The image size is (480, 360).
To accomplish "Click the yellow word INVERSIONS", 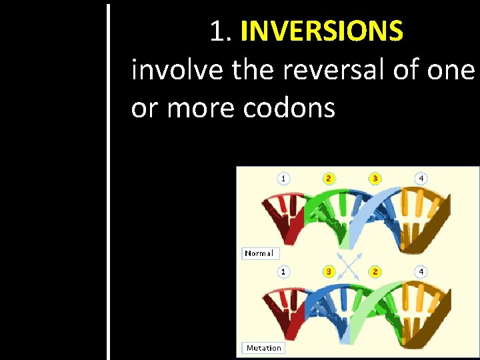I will pyautogui.click(x=322, y=31).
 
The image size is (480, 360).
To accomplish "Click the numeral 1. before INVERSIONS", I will pyautogui.click(x=221, y=31).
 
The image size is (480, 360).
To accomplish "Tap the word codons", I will pyautogui.click(x=289, y=108).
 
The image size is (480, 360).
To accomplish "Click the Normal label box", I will pyautogui.click(x=259, y=253).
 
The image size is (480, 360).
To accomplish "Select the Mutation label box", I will pyautogui.click(x=263, y=348).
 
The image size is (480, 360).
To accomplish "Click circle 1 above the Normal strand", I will pyautogui.click(x=284, y=179).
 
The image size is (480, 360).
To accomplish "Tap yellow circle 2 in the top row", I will pyautogui.click(x=329, y=179).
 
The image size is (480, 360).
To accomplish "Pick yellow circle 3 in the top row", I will pyautogui.click(x=375, y=179).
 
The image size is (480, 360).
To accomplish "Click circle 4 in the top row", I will pyautogui.click(x=421, y=179).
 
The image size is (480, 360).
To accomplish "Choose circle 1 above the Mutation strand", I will pyautogui.click(x=284, y=272).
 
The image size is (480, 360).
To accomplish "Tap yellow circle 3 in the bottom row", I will pyautogui.click(x=329, y=272).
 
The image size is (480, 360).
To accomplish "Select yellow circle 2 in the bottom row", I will pyautogui.click(x=375, y=272).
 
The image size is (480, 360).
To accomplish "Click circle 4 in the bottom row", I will pyautogui.click(x=421, y=272).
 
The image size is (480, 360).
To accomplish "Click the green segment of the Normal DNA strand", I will pyautogui.click(x=327, y=213).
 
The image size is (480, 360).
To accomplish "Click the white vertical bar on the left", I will pyautogui.click(x=107, y=180).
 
